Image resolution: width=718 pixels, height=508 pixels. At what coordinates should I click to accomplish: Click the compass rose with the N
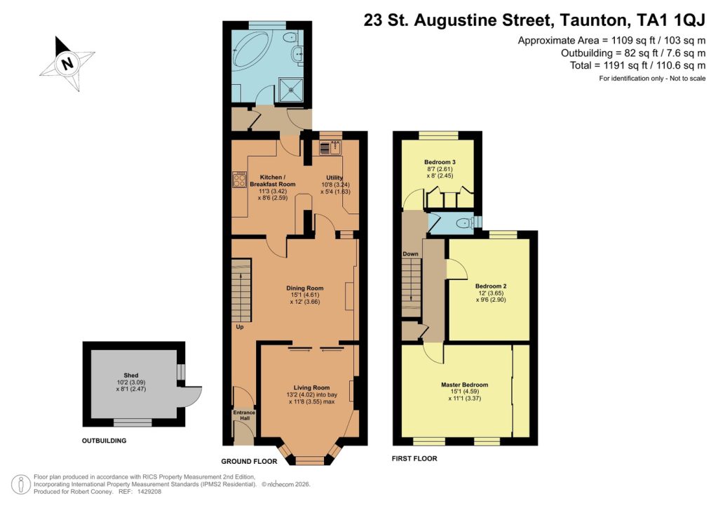(67, 63)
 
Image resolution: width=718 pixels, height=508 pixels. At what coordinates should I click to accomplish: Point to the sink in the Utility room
(329, 147)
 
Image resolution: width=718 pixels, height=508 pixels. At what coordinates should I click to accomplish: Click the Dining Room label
(305, 288)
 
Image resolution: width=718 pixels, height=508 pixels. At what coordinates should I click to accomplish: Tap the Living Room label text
(311, 387)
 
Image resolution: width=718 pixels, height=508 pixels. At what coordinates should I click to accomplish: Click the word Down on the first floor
(410, 253)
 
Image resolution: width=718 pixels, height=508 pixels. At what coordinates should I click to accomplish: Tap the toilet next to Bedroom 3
(463, 223)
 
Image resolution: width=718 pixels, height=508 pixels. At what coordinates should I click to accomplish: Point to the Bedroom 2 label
(490, 286)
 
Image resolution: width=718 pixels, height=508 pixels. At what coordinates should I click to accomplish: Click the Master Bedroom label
(464, 385)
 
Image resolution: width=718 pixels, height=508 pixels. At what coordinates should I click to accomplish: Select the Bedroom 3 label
(440, 162)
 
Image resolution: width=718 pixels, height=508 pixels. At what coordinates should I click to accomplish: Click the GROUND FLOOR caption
(249, 461)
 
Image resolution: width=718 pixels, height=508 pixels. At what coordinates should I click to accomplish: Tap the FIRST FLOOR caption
(414, 459)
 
